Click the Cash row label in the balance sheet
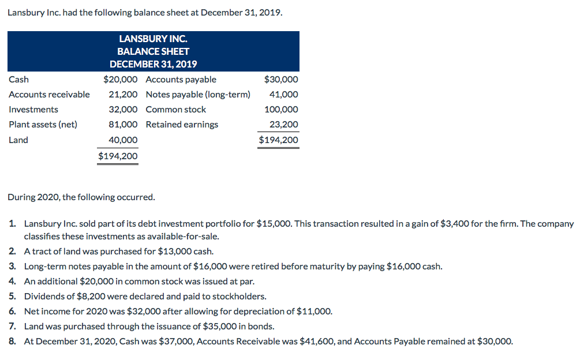click(x=18, y=80)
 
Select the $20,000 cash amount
click(x=120, y=80)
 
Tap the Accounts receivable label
click(x=49, y=95)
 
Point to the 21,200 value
click(x=123, y=95)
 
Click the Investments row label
click(x=33, y=110)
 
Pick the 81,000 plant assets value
click(x=123, y=125)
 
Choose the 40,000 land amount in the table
click(x=123, y=140)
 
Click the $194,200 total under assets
click(x=118, y=156)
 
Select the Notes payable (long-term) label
click(x=198, y=95)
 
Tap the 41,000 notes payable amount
click(x=284, y=95)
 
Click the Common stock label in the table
click(x=175, y=110)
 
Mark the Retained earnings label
click(x=182, y=125)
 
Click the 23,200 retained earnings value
click(x=284, y=125)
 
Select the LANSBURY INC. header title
click(x=153, y=39)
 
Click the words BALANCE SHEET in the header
click(x=153, y=51)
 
